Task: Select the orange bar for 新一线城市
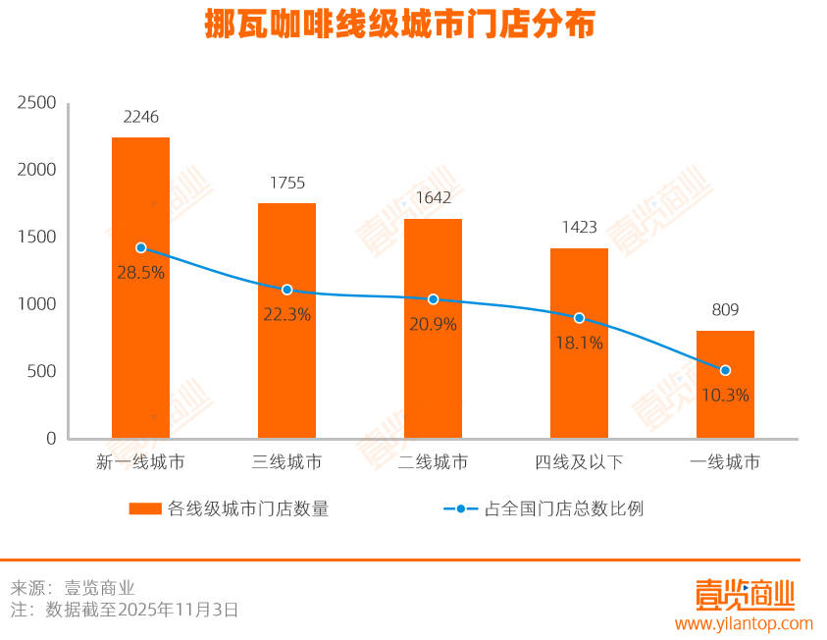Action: click(x=140, y=334)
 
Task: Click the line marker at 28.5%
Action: click(x=140, y=248)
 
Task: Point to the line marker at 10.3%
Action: click(x=725, y=370)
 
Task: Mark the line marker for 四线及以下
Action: click(x=579, y=318)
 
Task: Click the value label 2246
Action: click(x=140, y=118)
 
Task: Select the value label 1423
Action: click(x=579, y=228)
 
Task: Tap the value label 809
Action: click(x=725, y=311)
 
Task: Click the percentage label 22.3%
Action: click(x=286, y=315)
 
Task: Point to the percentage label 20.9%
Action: click(x=433, y=324)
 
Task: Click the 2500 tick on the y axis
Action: click(x=37, y=103)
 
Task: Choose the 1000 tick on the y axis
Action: click(x=37, y=304)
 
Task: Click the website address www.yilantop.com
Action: click(x=744, y=623)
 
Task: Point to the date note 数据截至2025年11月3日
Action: click(x=141, y=610)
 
